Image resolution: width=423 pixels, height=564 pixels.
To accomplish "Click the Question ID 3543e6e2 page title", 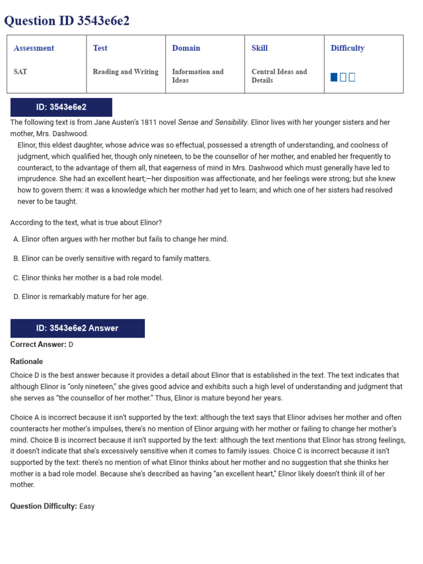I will (x=67, y=21).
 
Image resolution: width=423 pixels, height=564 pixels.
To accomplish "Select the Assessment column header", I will (x=34, y=48).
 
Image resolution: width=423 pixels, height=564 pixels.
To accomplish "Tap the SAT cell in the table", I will (x=21, y=72).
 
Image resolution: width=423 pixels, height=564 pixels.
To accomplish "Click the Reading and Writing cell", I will (x=126, y=72).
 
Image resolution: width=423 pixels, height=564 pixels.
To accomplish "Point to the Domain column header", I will (x=186, y=48).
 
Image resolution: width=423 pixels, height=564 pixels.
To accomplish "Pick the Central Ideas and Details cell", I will (x=279, y=76).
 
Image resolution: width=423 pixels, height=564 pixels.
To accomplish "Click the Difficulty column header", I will (x=348, y=48).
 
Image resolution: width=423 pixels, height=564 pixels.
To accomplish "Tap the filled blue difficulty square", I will (x=334, y=77).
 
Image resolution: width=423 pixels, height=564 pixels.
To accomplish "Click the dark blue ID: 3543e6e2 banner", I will (x=61, y=107).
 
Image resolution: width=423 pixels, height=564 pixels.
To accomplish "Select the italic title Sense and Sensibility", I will (x=213, y=122).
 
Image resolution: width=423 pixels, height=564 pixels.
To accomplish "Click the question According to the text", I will (x=86, y=223).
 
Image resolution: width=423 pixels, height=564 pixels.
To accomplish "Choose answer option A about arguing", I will (x=121, y=239).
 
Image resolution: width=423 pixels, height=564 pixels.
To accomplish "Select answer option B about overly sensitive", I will (x=112, y=258).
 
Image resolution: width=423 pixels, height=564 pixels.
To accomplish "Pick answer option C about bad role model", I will (x=88, y=278).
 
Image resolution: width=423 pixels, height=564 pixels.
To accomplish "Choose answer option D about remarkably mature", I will (x=81, y=296).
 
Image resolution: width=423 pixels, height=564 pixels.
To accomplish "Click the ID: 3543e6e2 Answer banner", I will (x=78, y=328).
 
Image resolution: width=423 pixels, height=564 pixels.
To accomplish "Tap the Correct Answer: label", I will (x=38, y=344).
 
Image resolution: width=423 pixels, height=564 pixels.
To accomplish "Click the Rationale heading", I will (x=26, y=361).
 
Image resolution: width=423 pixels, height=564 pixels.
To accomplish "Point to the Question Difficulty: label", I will (x=44, y=506).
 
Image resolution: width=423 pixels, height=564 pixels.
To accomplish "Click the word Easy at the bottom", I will (x=87, y=506).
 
